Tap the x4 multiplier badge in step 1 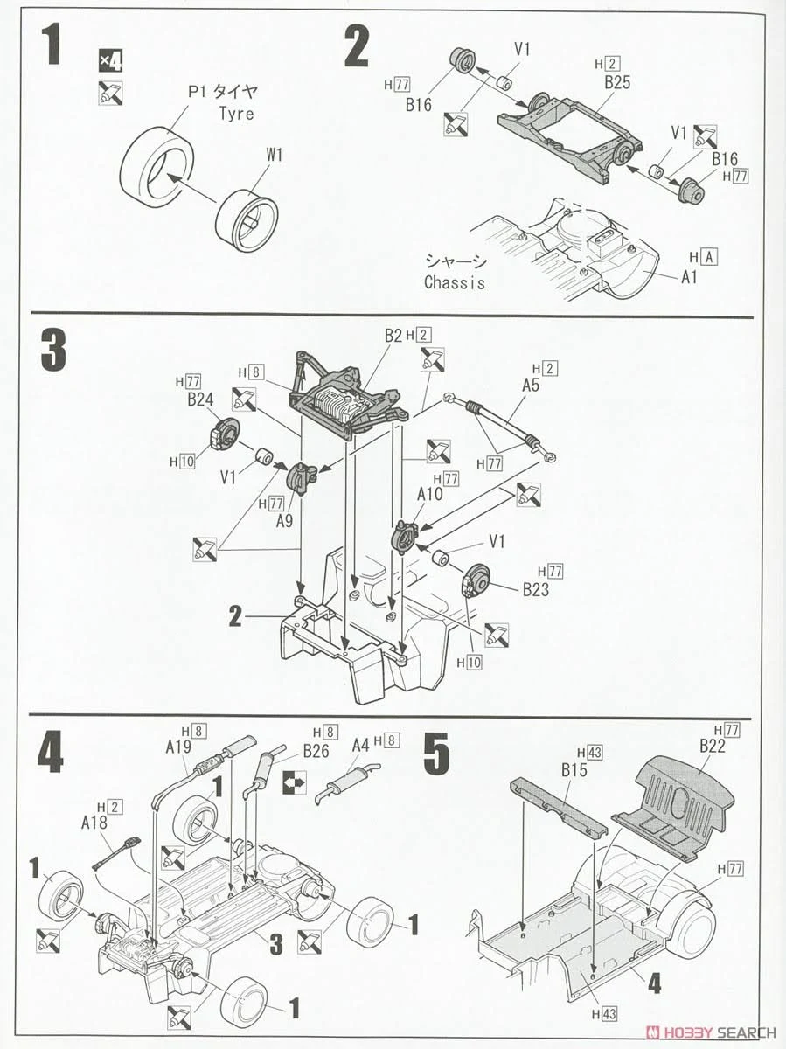click(x=110, y=61)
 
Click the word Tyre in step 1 click(x=233, y=114)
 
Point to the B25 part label click(x=616, y=84)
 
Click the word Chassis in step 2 click(x=454, y=282)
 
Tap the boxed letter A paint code click(x=709, y=257)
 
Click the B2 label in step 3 click(x=393, y=336)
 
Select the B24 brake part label click(x=200, y=400)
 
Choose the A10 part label click(x=430, y=495)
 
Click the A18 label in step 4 click(x=95, y=823)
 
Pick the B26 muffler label click(x=316, y=750)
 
